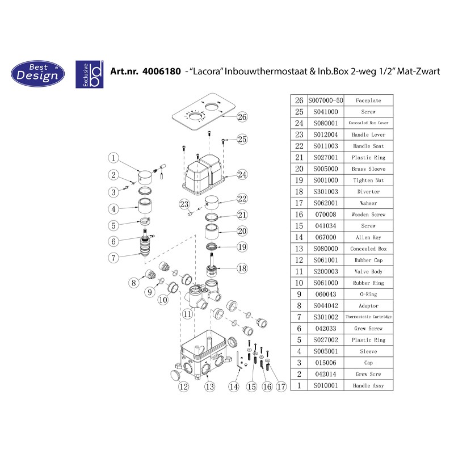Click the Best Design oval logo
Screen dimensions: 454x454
pyautogui.click(x=37, y=74)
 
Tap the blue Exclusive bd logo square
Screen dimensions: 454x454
pyautogui.click(x=90, y=74)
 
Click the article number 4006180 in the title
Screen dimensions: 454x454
pyautogui.click(x=162, y=72)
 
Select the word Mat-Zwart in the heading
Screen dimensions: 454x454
pyautogui.click(x=418, y=72)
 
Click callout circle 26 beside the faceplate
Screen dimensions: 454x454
pyautogui.click(x=242, y=117)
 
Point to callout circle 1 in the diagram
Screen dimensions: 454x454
pyautogui.click(x=113, y=158)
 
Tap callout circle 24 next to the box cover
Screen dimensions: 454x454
pyautogui.click(x=242, y=175)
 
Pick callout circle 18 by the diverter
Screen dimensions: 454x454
pyautogui.click(x=242, y=268)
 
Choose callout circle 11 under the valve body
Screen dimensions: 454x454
pyautogui.click(x=187, y=314)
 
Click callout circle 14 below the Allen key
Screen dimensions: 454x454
pyautogui.click(x=233, y=386)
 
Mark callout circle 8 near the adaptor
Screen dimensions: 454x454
pyautogui.click(x=133, y=283)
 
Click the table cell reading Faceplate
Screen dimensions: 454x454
pyautogui.click(x=368, y=100)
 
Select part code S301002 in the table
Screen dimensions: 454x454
pyautogui.click(x=325, y=317)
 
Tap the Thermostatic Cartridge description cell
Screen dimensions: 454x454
pyautogui.click(x=368, y=317)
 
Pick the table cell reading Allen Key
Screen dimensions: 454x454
pyautogui.click(x=368, y=237)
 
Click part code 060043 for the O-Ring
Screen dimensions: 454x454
pyautogui.click(x=325, y=294)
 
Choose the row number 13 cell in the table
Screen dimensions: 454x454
pyautogui.click(x=299, y=249)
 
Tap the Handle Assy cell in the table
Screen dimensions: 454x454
pyautogui.click(x=368, y=385)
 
